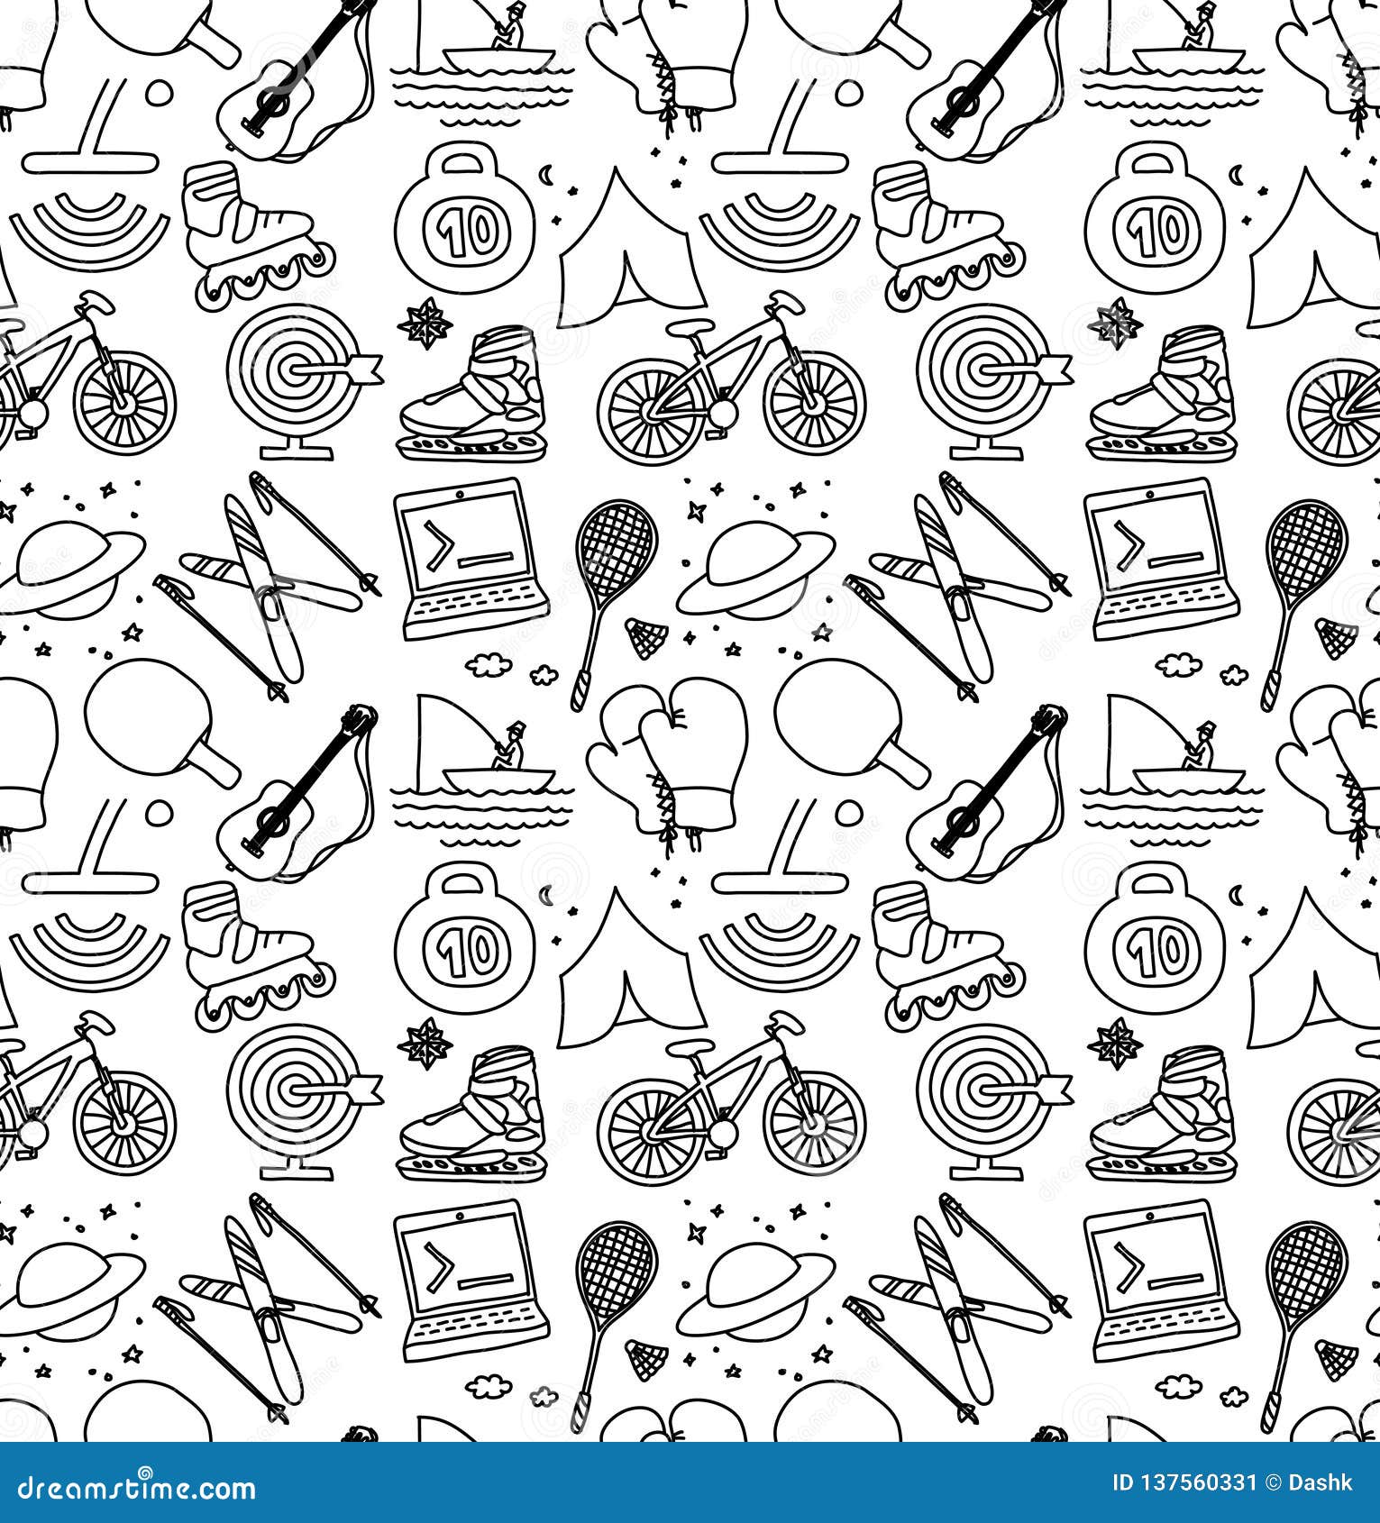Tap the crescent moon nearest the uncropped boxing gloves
point(545,894)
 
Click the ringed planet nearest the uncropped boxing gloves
point(755,571)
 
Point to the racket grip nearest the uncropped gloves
point(580,694)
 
